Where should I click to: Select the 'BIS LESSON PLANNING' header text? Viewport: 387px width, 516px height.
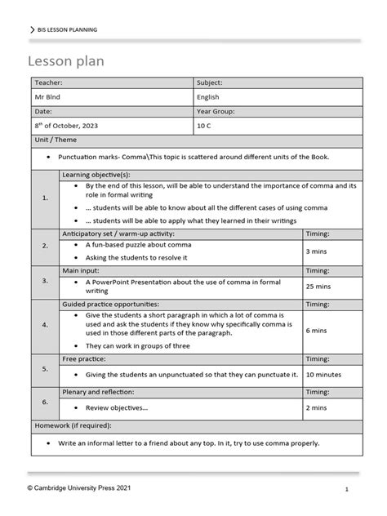click(x=67, y=29)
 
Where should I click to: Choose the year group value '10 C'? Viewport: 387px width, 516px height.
click(x=205, y=126)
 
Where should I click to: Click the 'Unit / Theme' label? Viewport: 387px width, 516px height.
click(x=53, y=140)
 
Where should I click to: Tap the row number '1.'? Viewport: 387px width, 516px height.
click(x=44, y=198)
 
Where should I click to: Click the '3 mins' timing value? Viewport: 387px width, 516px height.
click(x=317, y=251)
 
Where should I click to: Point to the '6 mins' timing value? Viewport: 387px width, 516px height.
click(x=317, y=331)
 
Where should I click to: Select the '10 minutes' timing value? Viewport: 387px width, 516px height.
click(x=323, y=374)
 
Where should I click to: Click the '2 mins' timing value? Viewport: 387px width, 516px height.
click(x=317, y=407)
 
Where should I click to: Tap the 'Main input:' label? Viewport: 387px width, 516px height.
click(x=82, y=269)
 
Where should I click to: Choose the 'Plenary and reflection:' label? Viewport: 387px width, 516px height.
click(x=97, y=391)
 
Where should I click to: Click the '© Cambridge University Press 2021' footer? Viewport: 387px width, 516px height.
click(x=78, y=487)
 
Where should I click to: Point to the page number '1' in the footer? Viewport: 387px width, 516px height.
click(x=347, y=489)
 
